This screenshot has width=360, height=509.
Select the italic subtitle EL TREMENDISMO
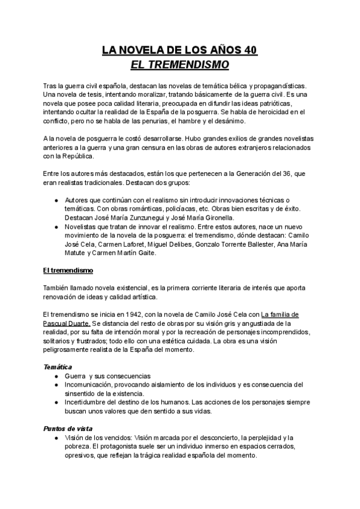(179, 64)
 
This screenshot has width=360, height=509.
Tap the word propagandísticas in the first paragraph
(284, 86)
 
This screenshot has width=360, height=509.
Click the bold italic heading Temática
(58, 367)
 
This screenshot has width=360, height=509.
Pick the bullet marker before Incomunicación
(56, 384)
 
